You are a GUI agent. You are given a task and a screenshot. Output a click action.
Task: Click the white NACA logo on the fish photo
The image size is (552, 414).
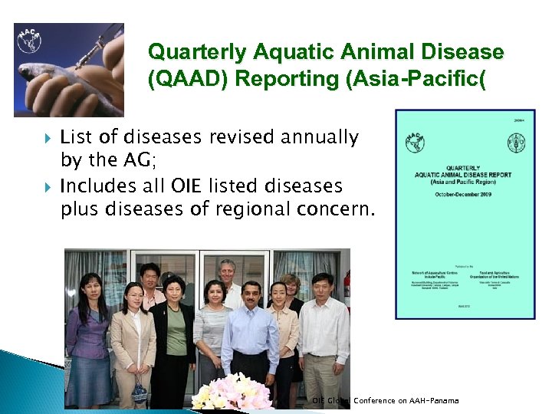point(31,41)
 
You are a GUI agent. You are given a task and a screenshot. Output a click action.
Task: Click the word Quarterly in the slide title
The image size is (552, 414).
point(189,52)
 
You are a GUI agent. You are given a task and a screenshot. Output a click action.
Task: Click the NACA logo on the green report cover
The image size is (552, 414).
point(416,143)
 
